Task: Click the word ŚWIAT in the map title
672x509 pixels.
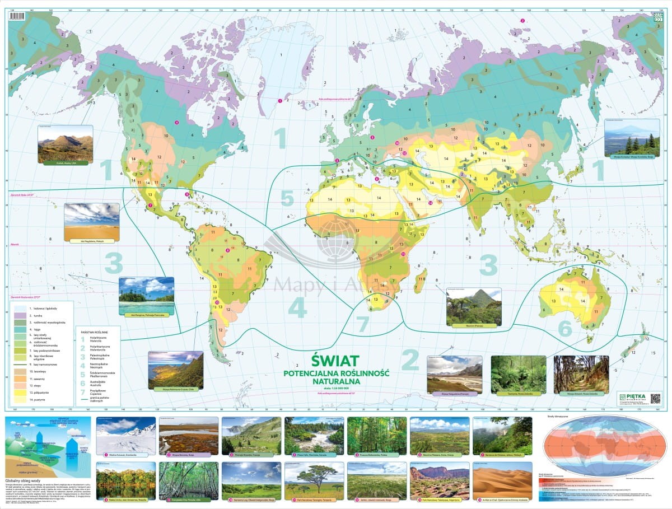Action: [x=334, y=358]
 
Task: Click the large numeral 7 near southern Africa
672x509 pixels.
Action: [x=362, y=324]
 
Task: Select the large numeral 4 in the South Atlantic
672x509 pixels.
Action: [x=297, y=307]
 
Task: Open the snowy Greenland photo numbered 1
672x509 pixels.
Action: [x=126, y=435]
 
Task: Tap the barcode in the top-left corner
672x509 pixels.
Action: [x=17, y=16]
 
